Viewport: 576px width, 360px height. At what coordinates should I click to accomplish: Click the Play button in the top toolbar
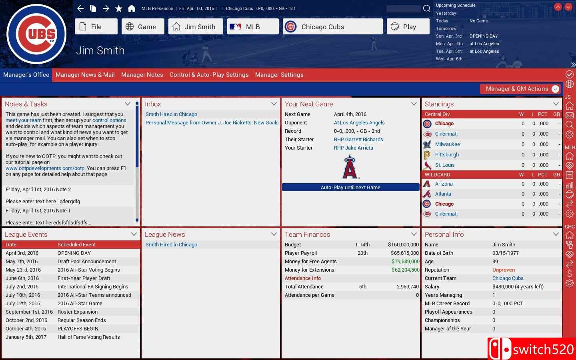408,27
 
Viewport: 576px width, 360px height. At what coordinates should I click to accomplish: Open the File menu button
96,27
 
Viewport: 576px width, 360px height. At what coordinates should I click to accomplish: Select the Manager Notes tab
142,75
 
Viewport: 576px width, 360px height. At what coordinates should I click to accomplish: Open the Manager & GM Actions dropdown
520,89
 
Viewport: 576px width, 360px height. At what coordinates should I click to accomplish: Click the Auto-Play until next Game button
350,187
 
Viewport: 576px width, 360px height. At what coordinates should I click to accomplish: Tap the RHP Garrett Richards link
358,140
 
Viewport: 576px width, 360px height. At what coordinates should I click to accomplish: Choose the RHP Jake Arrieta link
354,148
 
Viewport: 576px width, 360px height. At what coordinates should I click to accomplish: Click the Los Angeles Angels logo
350,167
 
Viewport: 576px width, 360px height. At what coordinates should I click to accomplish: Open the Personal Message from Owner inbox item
212,123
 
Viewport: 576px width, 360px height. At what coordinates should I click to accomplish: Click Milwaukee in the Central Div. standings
447,144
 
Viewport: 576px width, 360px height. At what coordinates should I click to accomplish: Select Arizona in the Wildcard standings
444,184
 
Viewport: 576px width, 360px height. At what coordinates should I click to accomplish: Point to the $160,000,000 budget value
403,245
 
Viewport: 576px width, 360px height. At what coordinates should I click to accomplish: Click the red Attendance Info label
303,278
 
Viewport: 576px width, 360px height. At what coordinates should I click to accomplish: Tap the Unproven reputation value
504,270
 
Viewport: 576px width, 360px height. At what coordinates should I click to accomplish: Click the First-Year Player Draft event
84,278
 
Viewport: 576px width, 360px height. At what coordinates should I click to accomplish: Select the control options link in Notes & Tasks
109,120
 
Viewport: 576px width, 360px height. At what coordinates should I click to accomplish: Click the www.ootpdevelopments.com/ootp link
45,168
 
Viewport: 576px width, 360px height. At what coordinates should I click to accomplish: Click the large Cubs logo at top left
36,34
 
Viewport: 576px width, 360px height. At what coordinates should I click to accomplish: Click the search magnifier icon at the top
427,8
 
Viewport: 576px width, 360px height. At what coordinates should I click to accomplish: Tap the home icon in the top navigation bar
131,8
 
